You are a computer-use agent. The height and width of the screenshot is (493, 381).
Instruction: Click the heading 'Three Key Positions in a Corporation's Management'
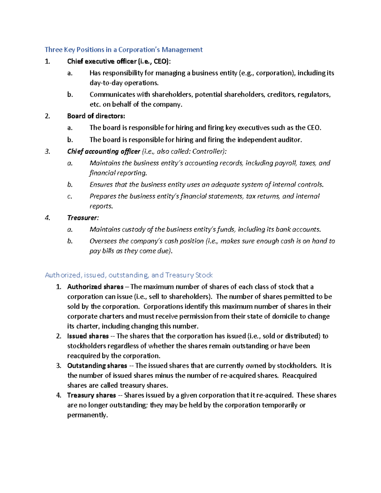124,50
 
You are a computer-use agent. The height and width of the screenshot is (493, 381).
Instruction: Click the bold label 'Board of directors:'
96,116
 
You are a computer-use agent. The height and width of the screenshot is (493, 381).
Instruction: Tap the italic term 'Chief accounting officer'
104,151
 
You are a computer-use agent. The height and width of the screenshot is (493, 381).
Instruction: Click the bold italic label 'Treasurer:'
83,218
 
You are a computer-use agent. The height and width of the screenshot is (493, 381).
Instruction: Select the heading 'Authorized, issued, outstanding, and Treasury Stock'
129,275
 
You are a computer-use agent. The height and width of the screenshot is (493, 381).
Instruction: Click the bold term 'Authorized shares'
95,287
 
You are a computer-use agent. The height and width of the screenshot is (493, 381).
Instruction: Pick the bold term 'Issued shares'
88,336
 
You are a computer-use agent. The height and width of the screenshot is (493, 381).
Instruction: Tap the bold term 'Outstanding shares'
97,365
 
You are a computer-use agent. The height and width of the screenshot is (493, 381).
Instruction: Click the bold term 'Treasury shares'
91,395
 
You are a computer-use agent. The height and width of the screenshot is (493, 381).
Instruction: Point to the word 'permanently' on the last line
87,415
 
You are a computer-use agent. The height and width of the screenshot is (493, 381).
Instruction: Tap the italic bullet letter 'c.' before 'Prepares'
70,197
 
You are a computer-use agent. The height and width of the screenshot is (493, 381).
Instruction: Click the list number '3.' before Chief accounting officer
48,151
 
